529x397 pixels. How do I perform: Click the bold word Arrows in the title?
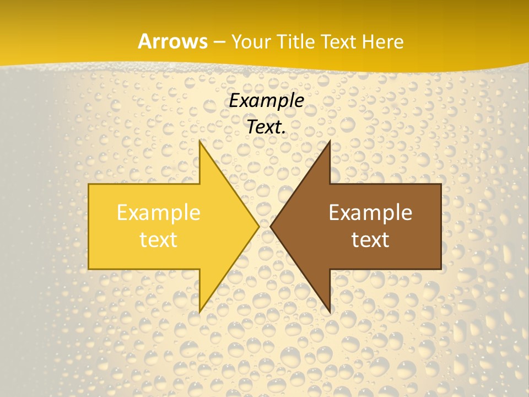pos(172,42)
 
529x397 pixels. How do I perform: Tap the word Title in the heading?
pos(298,42)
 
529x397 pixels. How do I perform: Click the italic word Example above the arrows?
pos(266,101)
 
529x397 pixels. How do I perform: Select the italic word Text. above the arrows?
pos(266,127)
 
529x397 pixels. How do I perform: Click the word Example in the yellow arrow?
pos(158,213)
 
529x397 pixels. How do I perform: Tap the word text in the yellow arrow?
pos(158,239)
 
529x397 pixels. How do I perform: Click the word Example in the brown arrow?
pos(370,213)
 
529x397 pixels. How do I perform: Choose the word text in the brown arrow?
pos(370,239)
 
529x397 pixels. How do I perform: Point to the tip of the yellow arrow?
pos(259,226)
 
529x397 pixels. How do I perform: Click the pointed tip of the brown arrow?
pos(271,226)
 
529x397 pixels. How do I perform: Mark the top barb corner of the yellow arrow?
pos(199,141)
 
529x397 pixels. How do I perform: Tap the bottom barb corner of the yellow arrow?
pos(199,312)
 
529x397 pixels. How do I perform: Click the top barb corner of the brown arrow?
pos(330,141)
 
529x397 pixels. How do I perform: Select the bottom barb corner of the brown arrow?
pos(330,312)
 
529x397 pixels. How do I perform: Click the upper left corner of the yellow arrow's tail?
pos(89,184)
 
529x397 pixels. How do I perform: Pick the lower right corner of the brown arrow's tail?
pos(441,269)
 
